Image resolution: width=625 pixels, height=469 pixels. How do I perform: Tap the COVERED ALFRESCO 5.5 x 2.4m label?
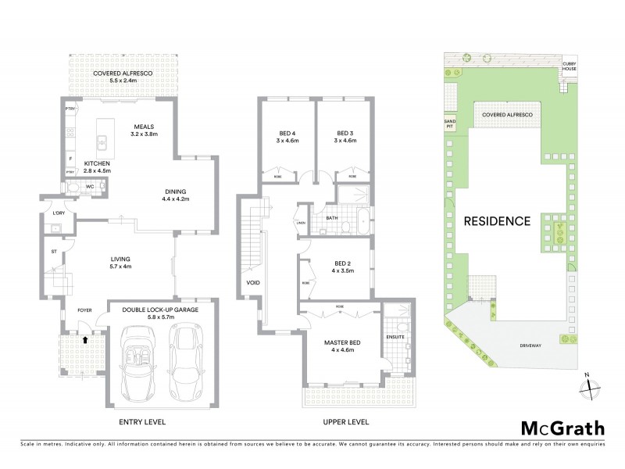point(122,77)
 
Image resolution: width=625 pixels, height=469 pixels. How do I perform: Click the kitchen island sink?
point(102,143)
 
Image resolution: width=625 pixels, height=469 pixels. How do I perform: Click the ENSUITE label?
point(395,337)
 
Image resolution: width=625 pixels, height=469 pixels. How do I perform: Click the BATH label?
point(331,218)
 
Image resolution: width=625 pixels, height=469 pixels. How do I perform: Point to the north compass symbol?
point(592,386)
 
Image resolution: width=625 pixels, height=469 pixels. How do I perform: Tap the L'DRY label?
point(58,213)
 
